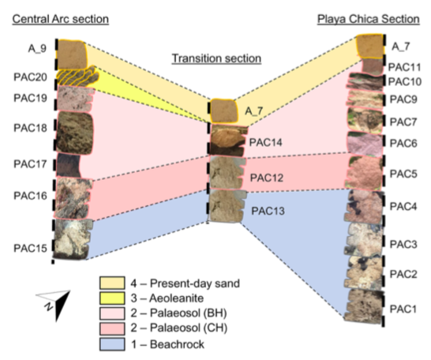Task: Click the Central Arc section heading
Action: pyautogui.click(x=61, y=19)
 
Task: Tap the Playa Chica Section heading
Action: pyautogui.click(x=369, y=19)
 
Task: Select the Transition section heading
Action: pyautogui.click(x=216, y=58)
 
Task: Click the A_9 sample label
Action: pyautogui.click(x=37, y=49)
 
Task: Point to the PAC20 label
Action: pyautogui.click(x=30, y=77)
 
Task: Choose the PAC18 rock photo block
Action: pyautogui.click(x=74, y=133)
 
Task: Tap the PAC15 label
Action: pyautogui.click(x=30, y=248)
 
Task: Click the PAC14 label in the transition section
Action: pyautogui.click(x=265, y=142)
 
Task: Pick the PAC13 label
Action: pyautogui.click(x=268, y=211)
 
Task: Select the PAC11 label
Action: pyautogui.click(x=404, y=67)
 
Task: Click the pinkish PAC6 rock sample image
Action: pyautogui.click(x=365, y=144)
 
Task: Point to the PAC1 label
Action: pyautogui.click(x=403, y=309)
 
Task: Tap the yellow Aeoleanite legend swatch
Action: pyautogui.click(x=112, y=298)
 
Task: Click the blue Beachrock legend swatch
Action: pyautogui.click(x=112, y=344)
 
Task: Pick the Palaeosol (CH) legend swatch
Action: pyautogui.click(x=112, y=328)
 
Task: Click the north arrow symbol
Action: pyautogui.click(x=55, y=304)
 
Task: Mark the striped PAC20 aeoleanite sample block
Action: pyautogui.click(x=77, y=75)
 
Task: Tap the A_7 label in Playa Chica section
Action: pyautogui.click(x=400, y=47)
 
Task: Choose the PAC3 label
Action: pyautogui.click(x=403, y=244)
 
